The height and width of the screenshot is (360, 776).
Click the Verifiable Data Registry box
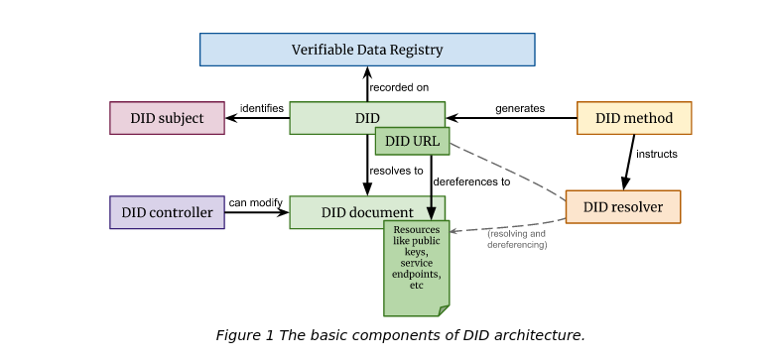pyautogui.click(x=367, y=50)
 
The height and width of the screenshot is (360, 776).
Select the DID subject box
pyautogui.click(x=168, y=118)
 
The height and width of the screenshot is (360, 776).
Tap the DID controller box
pyautogui.click(x=168, y=212)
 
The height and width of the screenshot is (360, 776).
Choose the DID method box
pyautogui.click(x=634, y=118)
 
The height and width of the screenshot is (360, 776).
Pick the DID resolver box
pyautogui.click(x=623, y=206)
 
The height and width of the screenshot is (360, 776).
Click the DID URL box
pyautogui.click(x=412, y=141)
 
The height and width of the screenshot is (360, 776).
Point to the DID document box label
pyautogui.click(x=367, y=212)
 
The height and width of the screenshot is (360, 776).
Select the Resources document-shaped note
pyautogui.click(x=417, y=268)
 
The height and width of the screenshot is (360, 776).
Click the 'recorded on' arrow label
pyautogui.click(x=399, y=87)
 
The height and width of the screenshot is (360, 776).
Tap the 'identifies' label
pyautogui.click(x=262, y=108)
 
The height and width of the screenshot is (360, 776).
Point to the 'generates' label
pyautogui.click(x=520, y=108)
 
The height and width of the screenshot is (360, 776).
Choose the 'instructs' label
pyautogui.click(x=657, y=154)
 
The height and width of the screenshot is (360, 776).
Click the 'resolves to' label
pyautogui.click(x=396, y=171)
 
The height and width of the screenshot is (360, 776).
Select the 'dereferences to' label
pyautogui.click(x=471, y=181)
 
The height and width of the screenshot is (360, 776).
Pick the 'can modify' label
pyautogui.click(x=255, y=202)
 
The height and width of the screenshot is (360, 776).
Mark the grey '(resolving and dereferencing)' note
pyautogui.click(x=517, y=239)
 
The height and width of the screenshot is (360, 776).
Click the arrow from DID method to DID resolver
pyautogui.click(x=628, y=163)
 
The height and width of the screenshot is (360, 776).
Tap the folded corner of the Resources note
pyautogui.click(x=445, y=311)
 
